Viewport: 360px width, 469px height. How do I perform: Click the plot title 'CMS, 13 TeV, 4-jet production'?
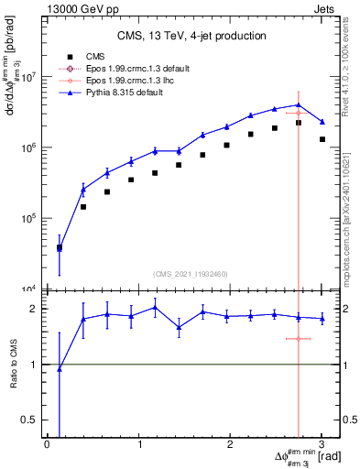tap(192, 36)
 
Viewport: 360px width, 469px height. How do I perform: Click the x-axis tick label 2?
tap(230, 444)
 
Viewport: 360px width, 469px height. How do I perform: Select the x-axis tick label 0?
tap(47, 444)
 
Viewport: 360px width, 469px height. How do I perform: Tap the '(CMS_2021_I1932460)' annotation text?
tap(192, 274)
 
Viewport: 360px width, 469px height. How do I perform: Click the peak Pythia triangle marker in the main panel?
tap(299, 104)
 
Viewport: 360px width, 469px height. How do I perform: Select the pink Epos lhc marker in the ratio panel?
tap(299, 339)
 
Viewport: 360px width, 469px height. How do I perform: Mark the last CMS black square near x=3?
tap(322, 139)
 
